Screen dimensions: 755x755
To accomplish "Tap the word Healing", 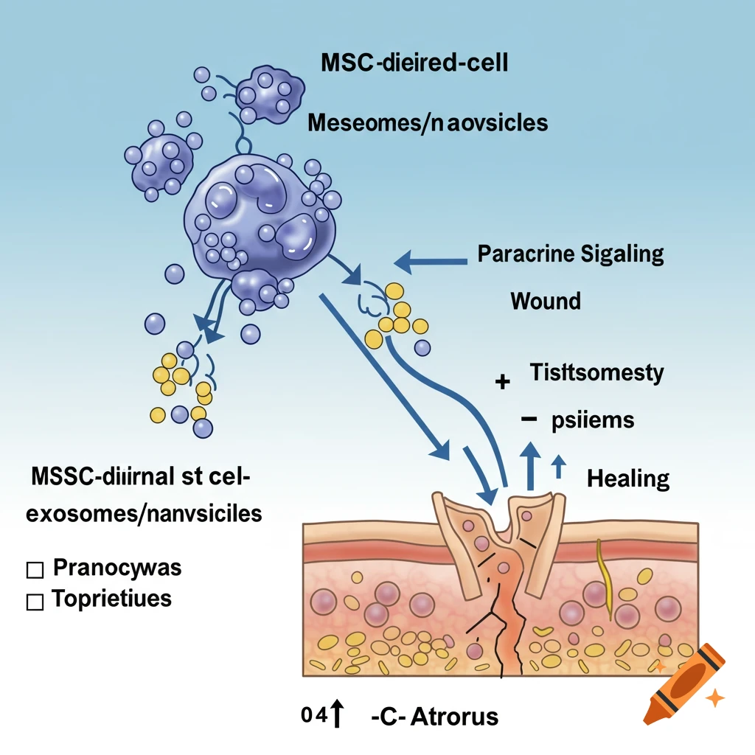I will (x=627, y=479).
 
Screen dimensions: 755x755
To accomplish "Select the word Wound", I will (x=546, y=301).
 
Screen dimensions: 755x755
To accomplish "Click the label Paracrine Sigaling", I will (x=571, y=254).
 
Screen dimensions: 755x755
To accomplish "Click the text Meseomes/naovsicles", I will (x=428, y=122).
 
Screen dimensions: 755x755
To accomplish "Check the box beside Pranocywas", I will (x=34, y=570).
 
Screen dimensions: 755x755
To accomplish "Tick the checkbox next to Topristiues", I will (x=34, y=602).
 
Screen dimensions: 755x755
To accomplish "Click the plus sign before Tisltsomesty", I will (x=504, y=382).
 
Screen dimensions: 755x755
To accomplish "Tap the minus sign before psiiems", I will (x=527, y=419).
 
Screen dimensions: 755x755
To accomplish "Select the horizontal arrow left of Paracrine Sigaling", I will (x=431, y=260).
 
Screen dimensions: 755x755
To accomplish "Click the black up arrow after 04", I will (x=338, y=714).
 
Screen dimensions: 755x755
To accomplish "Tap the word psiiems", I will (x=593, y=420).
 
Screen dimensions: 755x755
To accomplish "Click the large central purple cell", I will (x=258, y=214).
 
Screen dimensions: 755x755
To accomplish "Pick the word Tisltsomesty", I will (x=596, y=372).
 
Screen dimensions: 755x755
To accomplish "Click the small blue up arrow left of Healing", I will (x=558, y=467).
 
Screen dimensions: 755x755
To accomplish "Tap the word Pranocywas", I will (x=117, y=569).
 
